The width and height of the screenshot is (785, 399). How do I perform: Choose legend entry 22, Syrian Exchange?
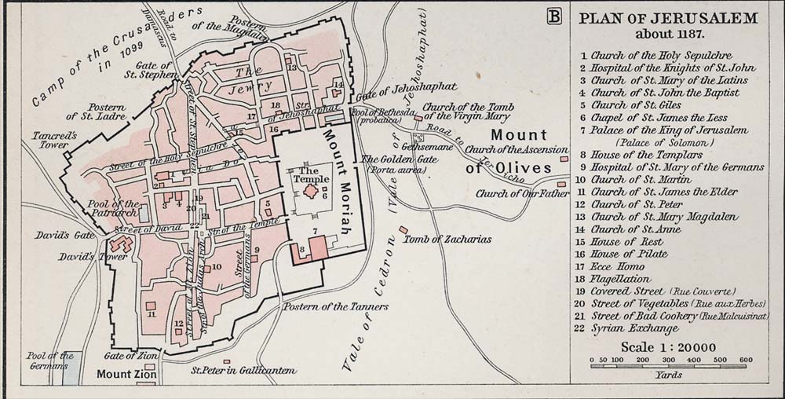pos(634,328)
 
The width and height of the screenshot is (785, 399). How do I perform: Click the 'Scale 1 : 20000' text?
pos(669,347)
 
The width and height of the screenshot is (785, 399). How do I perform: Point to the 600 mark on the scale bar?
pos(745,360)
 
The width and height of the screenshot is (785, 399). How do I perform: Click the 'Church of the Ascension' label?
pos(517,149)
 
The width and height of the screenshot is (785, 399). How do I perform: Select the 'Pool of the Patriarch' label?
pos(115,207)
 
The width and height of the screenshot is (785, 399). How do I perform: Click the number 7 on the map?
pos(314,231)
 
